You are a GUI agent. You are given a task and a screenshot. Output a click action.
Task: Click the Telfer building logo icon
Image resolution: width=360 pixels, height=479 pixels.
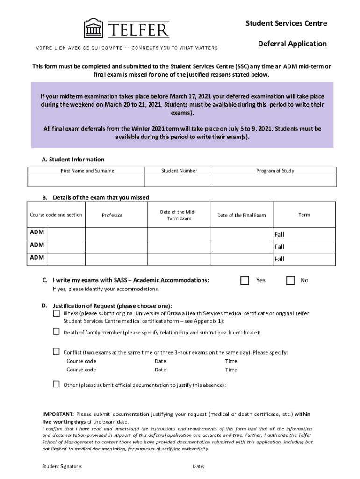94,29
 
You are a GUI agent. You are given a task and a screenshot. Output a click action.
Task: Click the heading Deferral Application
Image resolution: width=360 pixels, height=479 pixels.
292,44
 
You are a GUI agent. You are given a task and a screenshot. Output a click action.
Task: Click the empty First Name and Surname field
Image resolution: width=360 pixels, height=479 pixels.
86,180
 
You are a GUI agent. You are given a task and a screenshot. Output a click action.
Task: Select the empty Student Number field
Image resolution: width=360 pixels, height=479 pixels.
178,180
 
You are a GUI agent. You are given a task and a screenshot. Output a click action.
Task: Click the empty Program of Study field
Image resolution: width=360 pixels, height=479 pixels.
274,180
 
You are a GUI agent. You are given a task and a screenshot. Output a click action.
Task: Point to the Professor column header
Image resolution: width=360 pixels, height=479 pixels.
112,215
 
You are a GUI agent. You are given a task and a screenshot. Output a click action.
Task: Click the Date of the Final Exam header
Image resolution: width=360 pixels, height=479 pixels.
241,215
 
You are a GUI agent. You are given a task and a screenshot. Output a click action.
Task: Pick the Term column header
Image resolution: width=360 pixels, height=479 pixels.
304,215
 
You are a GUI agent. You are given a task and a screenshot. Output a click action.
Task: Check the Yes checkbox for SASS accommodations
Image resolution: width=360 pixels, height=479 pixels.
245,281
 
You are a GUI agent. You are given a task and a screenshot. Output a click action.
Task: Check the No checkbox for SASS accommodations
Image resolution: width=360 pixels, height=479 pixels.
290,281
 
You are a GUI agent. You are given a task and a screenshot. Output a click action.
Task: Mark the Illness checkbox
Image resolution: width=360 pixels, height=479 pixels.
56,312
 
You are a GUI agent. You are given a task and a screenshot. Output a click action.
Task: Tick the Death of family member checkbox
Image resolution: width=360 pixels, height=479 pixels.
56,332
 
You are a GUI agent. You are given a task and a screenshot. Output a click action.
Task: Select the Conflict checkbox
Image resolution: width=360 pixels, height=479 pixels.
56,351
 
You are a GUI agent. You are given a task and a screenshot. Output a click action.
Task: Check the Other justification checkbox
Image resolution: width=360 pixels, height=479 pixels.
56,385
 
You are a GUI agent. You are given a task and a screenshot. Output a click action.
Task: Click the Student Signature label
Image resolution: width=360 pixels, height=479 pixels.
63,466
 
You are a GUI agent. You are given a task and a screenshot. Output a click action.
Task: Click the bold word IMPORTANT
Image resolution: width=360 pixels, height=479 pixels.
58,414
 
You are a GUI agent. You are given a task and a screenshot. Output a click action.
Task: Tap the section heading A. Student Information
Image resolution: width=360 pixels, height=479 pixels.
73,160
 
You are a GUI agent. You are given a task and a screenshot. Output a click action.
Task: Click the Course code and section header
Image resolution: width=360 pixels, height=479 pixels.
56,215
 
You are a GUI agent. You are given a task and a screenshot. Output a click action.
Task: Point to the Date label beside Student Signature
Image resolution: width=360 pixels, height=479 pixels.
198,466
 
